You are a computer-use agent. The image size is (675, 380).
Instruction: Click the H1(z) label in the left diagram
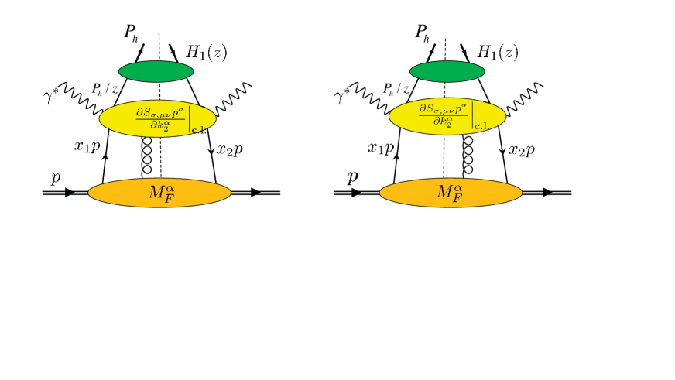coord(206,53)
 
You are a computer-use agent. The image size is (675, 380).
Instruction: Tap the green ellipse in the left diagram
coord(156,71)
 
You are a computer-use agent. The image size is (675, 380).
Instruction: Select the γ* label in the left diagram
coord(50,96)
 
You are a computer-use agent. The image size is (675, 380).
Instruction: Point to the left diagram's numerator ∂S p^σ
coord(161,112)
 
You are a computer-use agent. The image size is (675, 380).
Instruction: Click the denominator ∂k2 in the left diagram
coord(161,124)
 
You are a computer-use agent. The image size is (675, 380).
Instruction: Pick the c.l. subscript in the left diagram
coord(198,130)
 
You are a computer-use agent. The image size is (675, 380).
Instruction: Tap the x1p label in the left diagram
coord(87,146)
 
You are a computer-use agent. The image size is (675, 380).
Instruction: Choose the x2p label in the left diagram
coord(229,150)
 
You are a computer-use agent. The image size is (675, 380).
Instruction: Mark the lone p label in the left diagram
coord(56,178)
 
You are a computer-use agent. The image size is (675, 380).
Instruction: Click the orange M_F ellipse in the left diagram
coord(159,193)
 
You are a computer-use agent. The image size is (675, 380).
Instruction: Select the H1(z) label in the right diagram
coord(497,53)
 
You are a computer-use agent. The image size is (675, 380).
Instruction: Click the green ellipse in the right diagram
coord(447,71)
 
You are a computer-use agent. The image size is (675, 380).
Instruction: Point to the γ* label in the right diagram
coord(341,96)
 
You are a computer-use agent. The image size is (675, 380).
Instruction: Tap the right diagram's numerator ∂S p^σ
coord(444,109)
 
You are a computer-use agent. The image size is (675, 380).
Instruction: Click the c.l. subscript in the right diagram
coord(481,126)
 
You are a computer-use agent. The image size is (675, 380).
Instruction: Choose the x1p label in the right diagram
coord(381,148)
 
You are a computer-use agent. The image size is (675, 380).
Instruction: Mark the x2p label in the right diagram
coord(522,151)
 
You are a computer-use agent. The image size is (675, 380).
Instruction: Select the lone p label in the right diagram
coord(352,178)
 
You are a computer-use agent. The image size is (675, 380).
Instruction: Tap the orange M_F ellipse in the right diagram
coord(451,193)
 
